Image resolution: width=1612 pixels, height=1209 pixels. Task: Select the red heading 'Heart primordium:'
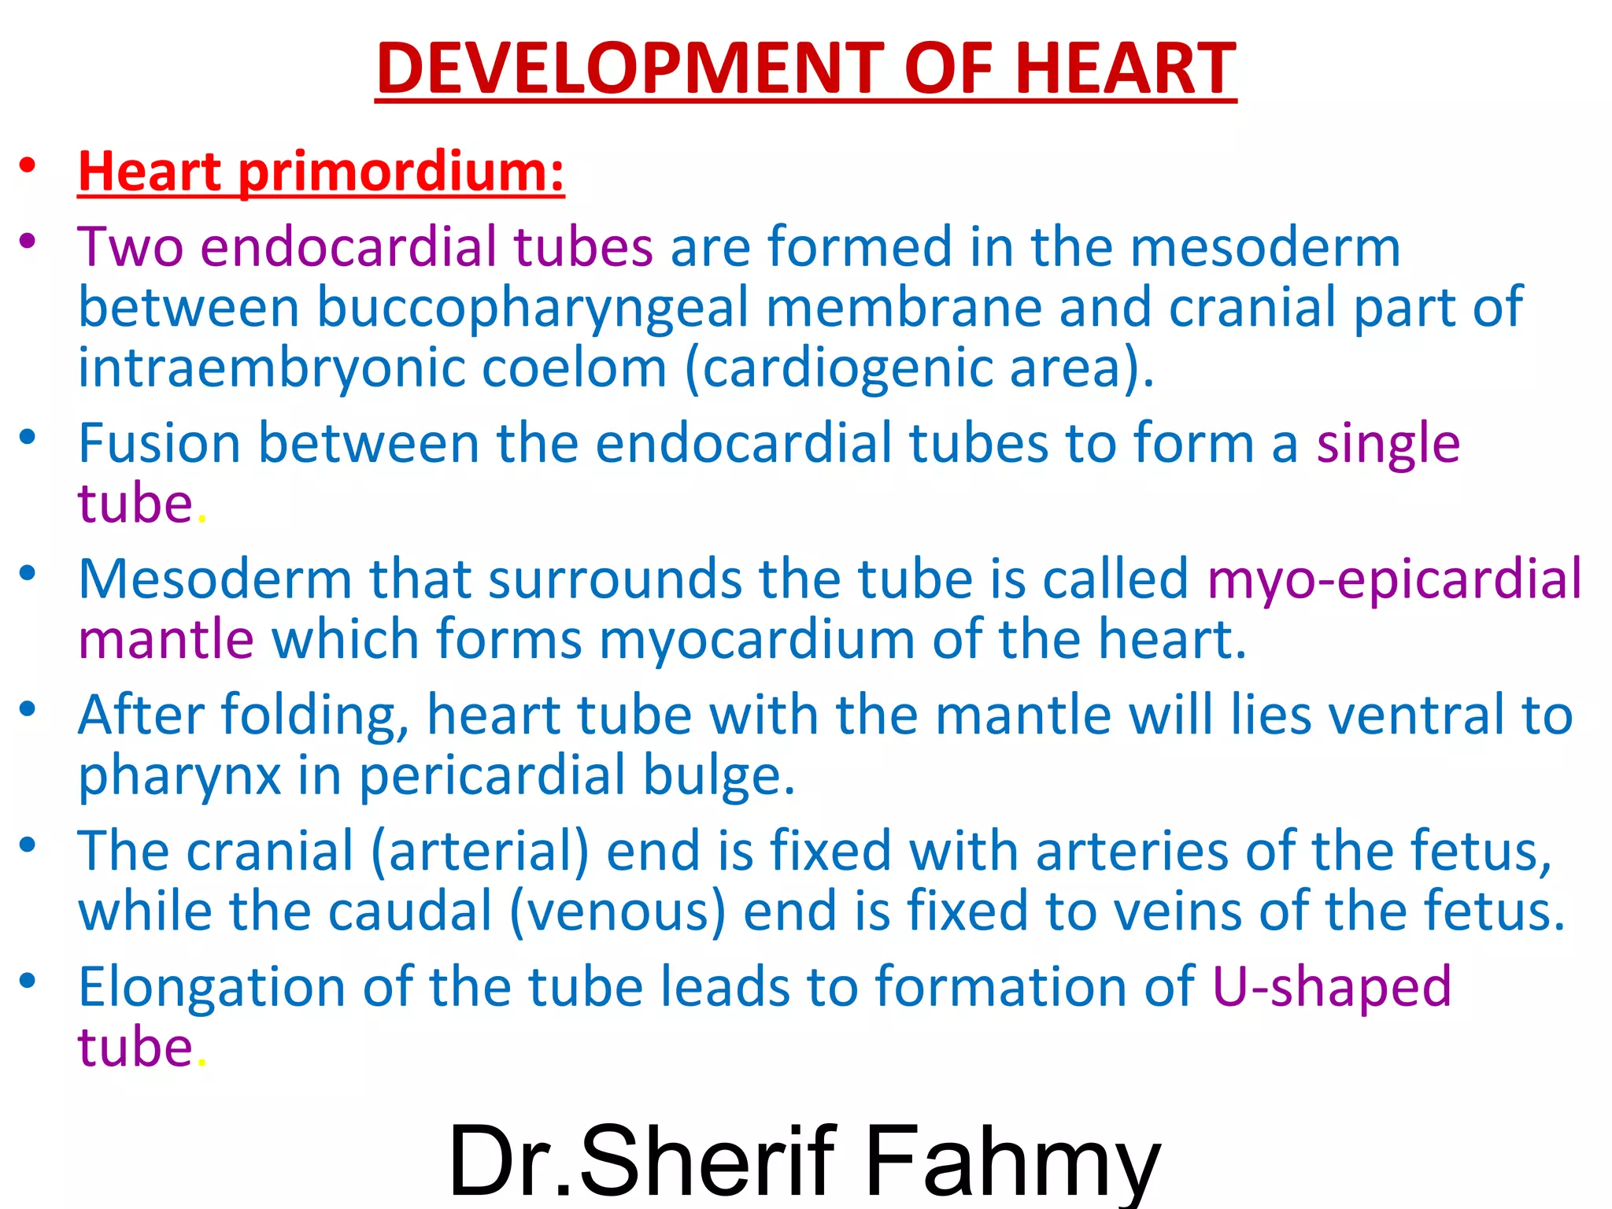click(x=321, y=171)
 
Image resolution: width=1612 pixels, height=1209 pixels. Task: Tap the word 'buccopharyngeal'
click(x=532, y=307)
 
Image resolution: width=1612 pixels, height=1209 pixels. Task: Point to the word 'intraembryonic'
click(x=271, y=368)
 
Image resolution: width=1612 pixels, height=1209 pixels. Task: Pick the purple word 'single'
click(x=1388, y=442)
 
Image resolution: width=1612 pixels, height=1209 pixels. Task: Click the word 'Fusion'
click(x=159, y=442)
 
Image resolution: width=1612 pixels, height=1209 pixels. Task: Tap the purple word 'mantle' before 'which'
click(x=165, y=638)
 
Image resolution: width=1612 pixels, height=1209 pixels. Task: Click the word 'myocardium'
click(x=756, y=638)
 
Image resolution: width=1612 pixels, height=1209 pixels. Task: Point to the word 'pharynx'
click(x=179, y=775)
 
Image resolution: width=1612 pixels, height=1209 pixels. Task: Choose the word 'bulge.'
click(x=719, y=775)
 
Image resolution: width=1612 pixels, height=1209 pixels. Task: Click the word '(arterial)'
click(x=479, y=851)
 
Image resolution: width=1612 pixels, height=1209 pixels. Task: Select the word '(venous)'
click(x=617, y=911)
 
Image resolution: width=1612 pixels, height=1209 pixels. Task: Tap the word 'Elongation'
click(x=212, y=987)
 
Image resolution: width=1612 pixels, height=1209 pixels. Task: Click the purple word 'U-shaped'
click(x=1331, y=987)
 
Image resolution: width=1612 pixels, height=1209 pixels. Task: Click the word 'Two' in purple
click(x=130, y=247)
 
